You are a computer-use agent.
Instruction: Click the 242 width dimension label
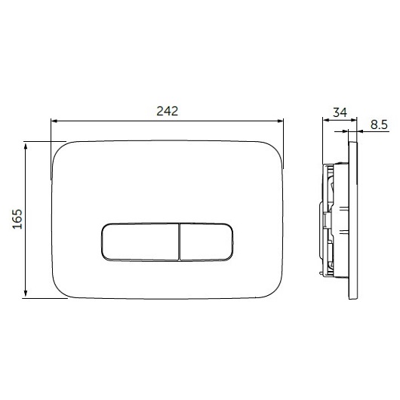(167, 111)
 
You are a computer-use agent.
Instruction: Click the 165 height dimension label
(17, 219)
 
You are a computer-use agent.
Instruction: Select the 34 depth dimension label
(340, 112)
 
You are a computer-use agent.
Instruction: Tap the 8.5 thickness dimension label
(379, 125)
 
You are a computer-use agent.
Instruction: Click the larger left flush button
(140, 242)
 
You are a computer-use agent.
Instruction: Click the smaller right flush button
(206, 242)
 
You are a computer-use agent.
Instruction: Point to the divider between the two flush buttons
(180, 242)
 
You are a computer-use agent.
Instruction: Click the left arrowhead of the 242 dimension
(54, 121)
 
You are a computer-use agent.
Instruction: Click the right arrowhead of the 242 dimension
(280, 121)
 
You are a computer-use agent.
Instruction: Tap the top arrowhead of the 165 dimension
(25, 146)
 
